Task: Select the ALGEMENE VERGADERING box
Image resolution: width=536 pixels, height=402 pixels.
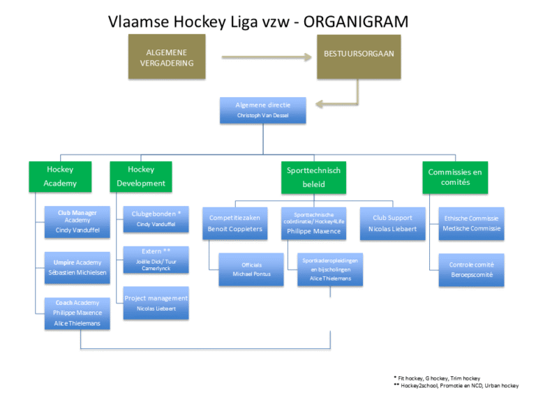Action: click(x=166, y=58)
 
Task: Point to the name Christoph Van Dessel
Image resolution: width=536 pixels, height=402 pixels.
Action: click(x=262, y=115)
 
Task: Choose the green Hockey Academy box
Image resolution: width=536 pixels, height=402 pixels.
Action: click(x=60, y=177)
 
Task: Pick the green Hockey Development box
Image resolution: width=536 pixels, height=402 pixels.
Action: click(x=141, y=177)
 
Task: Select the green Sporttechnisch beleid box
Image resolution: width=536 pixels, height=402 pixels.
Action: click(x=313, y=177)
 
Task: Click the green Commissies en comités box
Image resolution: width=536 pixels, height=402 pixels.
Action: click(x=455, y=177)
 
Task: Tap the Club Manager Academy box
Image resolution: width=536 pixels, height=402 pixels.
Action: click(x=77, y=221)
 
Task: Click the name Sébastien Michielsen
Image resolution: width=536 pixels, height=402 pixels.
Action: click(x=77, y=272)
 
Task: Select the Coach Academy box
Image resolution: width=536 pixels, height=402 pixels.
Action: click(x=77, y=313)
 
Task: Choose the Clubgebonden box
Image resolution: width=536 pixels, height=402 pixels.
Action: click(x=156, y=218)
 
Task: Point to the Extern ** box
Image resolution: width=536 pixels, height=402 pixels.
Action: click(x=156, y=259)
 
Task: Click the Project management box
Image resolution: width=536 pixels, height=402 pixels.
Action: click(x=156, y=303)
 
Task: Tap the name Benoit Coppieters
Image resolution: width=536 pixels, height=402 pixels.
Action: click(x=235, y=229)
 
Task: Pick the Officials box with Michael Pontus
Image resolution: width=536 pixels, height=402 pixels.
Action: click(x=251, y=269)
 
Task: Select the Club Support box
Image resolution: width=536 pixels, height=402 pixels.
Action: click(x=392, y=223)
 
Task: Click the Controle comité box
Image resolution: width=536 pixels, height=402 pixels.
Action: click(x=471, y=269)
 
